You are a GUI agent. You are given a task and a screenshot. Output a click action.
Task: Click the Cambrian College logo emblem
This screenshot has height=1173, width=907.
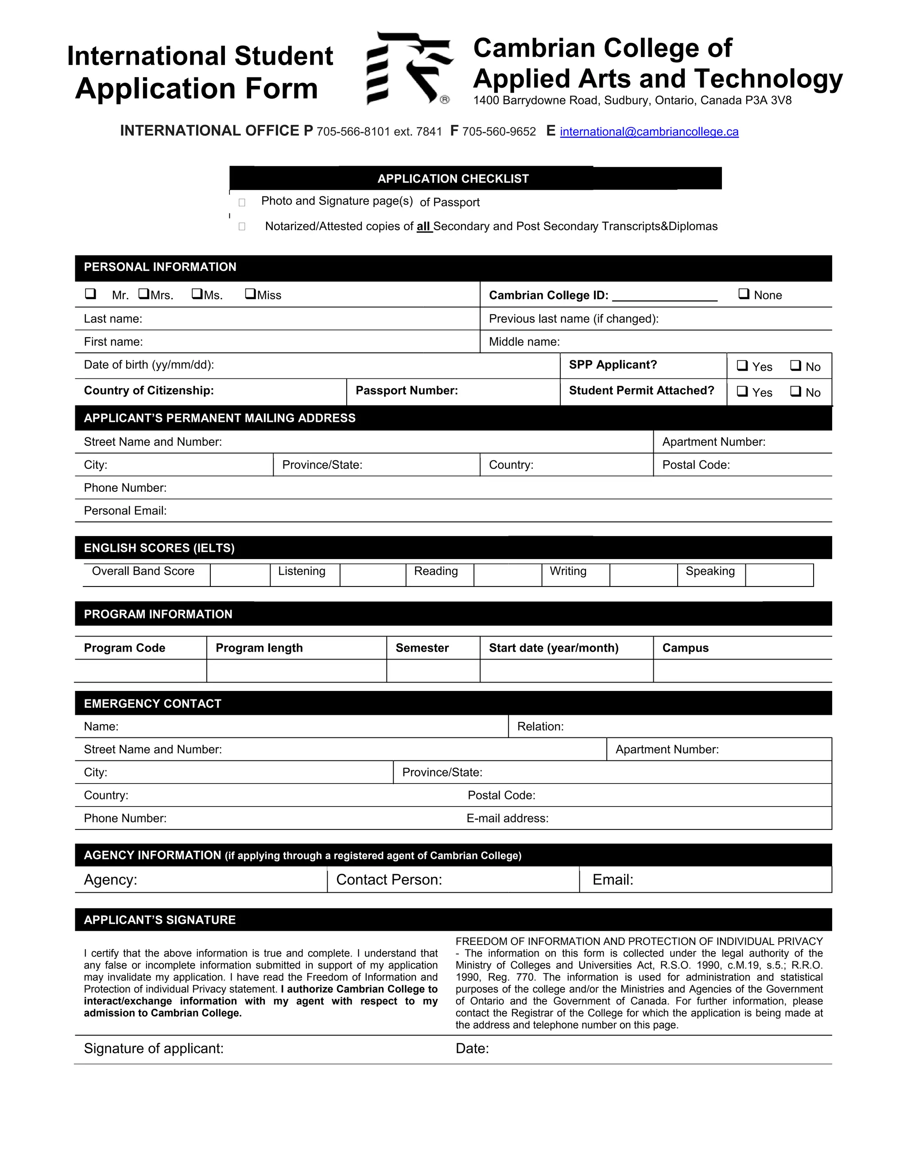tap(410, 68)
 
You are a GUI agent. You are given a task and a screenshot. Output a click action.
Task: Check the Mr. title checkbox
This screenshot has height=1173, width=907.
tap(90, 294)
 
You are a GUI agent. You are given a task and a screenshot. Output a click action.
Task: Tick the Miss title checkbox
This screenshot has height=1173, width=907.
tap(250, 294)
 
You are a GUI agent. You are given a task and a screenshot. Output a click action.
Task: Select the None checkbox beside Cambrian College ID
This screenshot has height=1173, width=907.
tap(744, 294)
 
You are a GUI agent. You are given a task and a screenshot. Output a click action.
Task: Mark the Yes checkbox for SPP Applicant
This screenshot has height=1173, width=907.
tap(742, 366)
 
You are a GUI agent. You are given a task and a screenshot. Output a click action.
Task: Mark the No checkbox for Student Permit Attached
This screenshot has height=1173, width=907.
tap(796, 392)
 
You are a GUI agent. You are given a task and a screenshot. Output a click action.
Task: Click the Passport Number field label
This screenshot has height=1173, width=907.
tap(406, 390)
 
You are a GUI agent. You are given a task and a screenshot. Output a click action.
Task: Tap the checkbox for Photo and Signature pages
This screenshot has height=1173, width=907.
tap(242, 202)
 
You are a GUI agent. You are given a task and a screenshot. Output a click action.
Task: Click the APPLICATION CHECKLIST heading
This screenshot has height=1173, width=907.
tap(453, 179)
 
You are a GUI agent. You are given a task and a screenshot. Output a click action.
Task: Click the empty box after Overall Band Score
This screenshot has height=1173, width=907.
tap(240, 575)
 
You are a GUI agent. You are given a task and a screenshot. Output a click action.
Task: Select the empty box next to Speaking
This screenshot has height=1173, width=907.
tap(779, 575)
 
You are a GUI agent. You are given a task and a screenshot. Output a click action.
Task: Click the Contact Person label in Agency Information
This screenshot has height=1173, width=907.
tap(388, 879)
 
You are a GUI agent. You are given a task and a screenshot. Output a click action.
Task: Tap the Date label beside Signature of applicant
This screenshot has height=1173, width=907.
tap(472, 1048)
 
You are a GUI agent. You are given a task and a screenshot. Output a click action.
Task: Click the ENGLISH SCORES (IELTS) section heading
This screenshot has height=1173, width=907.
tap(159, 548)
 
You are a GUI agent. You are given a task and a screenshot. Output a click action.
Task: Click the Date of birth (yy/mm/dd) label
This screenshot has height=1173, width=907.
tap(149, 365)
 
